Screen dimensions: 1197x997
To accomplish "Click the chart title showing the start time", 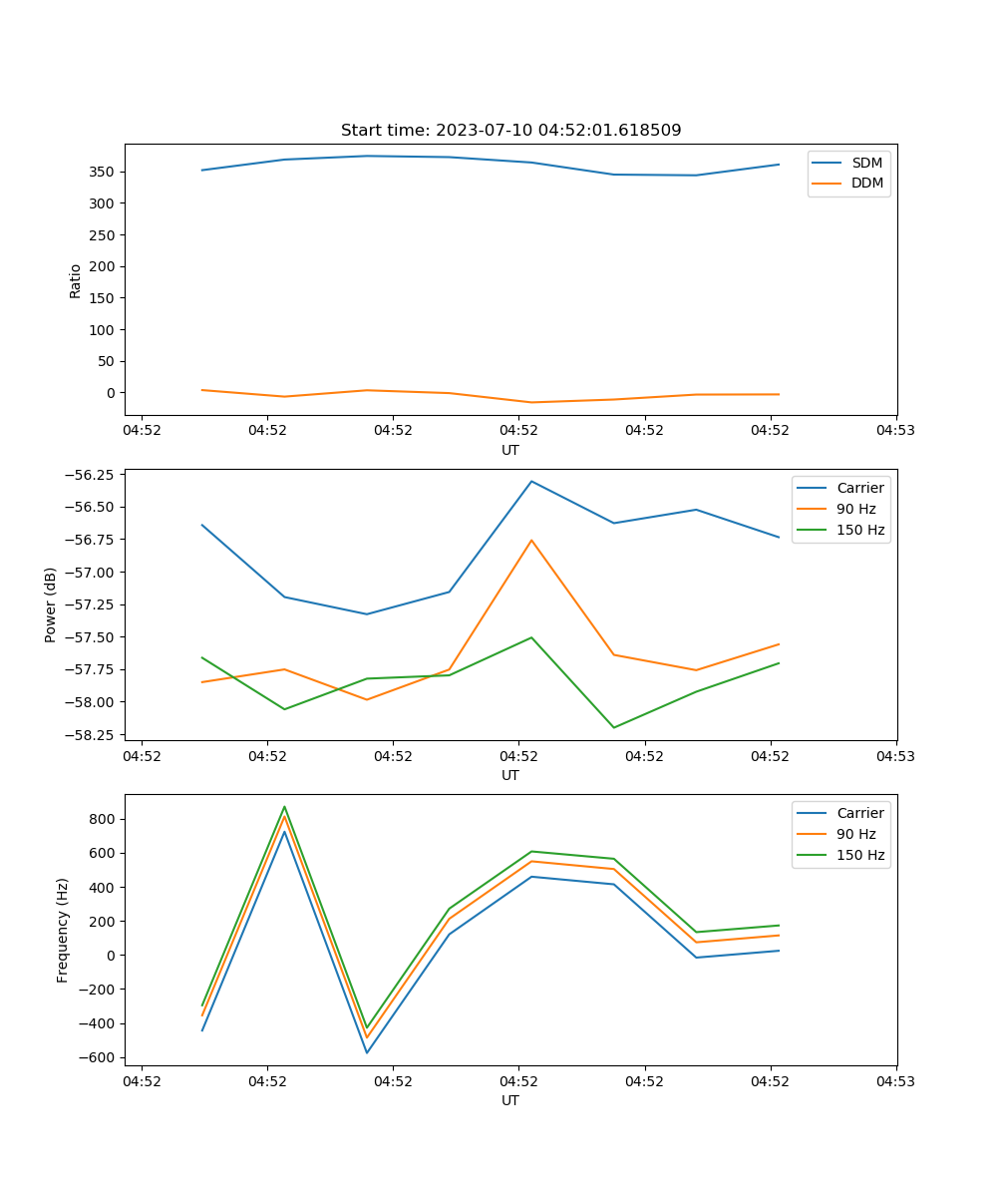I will pyautogui.click(x=510, y=131).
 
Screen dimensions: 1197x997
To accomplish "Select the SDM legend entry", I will pyautogui.click(x=866, y=163).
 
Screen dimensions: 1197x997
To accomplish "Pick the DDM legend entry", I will pyautogui.click(x=866, y=183).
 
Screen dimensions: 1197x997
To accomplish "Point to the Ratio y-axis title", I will pyautogui.click(x=76, y=279).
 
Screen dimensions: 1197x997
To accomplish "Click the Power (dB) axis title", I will pyautogui.click(x=51, y=604).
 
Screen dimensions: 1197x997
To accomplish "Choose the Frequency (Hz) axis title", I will pyautogui.click(x=63, y=930).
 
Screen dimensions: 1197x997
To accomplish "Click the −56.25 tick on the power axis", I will pyautogui.click(x=92, y=475).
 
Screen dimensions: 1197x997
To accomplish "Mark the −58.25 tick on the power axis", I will pyautogui.click(x=92, y=734).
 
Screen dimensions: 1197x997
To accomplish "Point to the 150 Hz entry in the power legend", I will pyautogui.click(x=860, y=530).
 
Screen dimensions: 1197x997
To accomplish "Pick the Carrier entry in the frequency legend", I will pyautogui.click(x=860, y=813).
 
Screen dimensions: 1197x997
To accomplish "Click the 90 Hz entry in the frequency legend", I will pyautogui.click(x=855, y=834).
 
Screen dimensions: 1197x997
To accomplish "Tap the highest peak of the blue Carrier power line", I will pyautogui.click(x=531, y=481).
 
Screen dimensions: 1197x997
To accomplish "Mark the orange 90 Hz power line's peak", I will pyautogui.click(x=531, y=540).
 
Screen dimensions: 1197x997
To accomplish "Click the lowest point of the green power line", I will pyautogui.click(x=614, y=727).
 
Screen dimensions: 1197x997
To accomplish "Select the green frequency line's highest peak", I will pyautogui.click(x=284, y=807).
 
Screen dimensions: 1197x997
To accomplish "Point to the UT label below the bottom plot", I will pyautogui.click(x=510, y=1100).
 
